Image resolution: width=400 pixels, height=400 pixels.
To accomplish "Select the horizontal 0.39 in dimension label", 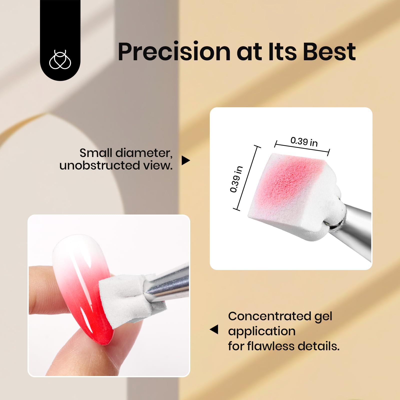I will (304, 142).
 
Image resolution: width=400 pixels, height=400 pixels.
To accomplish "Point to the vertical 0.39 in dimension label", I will (236, 179).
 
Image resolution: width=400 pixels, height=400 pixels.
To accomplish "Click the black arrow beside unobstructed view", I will (185, 160).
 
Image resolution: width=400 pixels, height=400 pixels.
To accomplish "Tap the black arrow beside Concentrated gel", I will (214, 329).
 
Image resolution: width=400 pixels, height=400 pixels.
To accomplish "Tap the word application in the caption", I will (261, 331).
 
